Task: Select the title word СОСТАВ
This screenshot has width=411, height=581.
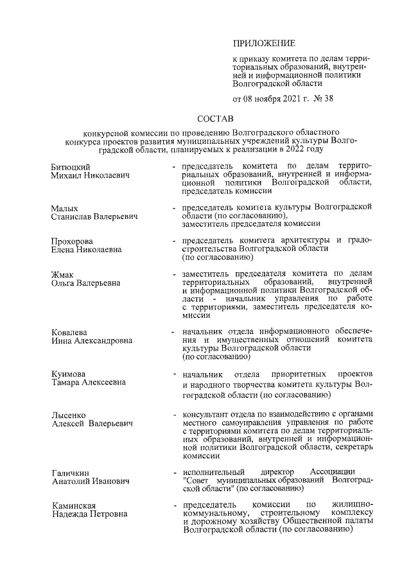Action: click(x=216, y=119)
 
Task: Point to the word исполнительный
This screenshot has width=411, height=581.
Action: click(x=211, y=472)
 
